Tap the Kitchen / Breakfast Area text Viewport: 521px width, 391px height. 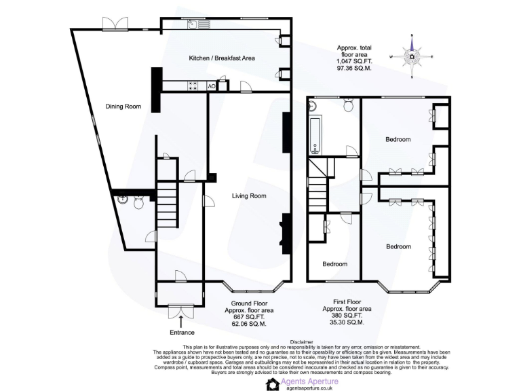221,58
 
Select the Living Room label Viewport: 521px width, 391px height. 249,196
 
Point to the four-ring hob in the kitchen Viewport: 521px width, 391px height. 193,86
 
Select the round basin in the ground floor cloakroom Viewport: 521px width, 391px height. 123,200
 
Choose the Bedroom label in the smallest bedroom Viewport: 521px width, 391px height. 334,264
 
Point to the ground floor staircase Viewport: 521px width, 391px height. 168,208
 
